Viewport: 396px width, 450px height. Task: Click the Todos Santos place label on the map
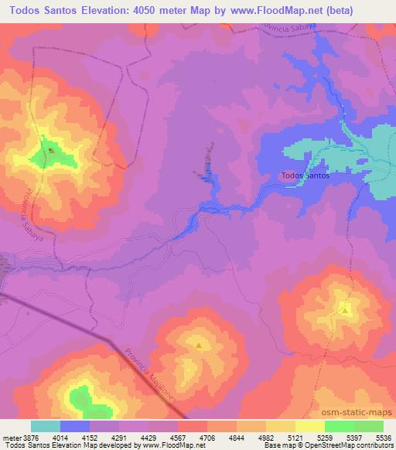pyautogui.click(x=306, y=176)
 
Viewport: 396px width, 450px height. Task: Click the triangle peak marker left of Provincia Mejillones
pyautogui.click(x=200, y=346)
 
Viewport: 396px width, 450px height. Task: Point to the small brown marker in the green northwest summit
pyautogui.click(x=51, y=150)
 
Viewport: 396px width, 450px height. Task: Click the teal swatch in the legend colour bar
pyautogui.click(x=46, y=425)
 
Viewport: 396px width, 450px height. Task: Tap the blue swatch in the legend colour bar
pyautogui.click(x=75, y=425)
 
